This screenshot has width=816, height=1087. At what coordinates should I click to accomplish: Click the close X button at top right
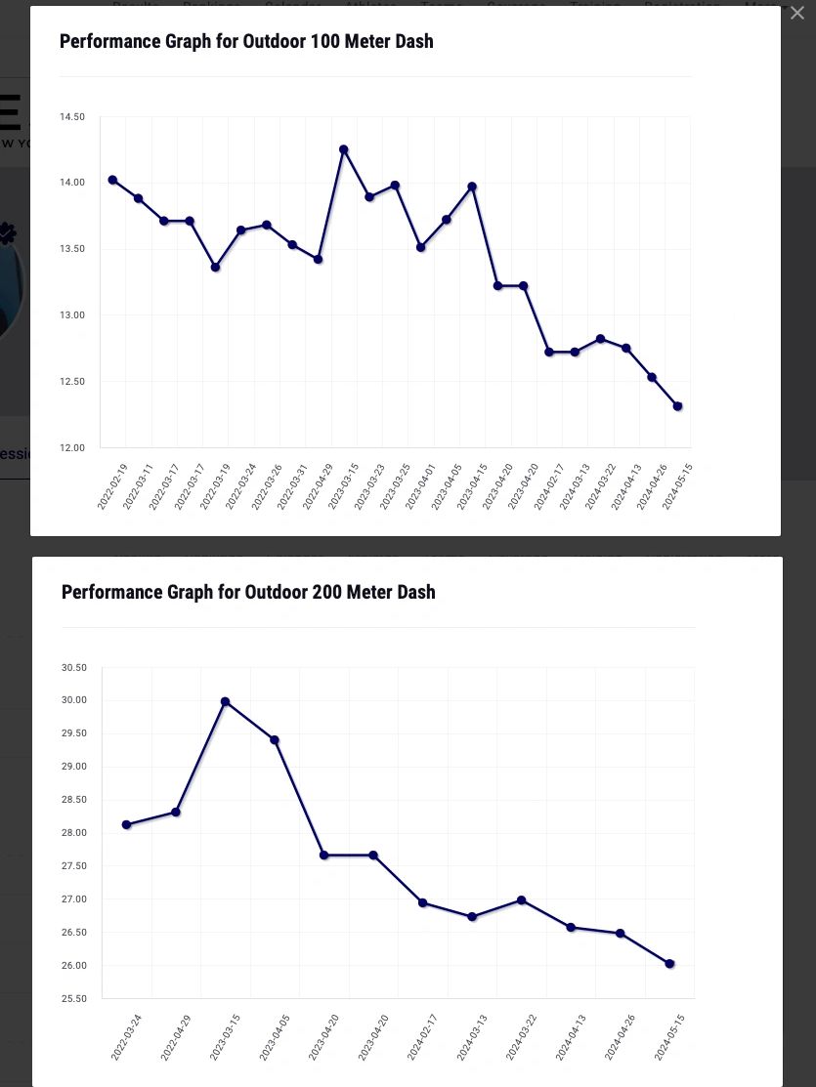pos(797,13)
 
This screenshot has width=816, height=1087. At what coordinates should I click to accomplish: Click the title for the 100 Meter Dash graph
pos(246,42)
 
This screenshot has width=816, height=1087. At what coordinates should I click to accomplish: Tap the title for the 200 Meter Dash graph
pos(248,593)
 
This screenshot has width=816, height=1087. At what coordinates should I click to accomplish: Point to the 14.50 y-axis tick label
pos(72,117)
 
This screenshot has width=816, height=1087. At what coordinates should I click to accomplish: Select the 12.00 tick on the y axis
pos(72,448)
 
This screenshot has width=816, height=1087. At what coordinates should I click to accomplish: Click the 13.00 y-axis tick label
pos(72,315)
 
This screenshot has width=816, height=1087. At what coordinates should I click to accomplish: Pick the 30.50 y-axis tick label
pos(74,668)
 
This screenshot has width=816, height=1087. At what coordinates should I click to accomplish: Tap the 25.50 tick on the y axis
pos(74,999)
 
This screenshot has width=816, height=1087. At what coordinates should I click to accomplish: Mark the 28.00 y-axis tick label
pos(74,833)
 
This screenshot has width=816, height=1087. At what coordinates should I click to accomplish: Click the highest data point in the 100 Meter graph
pos(344,149)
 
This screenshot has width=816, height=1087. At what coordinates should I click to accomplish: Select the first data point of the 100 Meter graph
pos(112,180)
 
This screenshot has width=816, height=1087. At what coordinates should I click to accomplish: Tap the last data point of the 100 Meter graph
pos(677,406)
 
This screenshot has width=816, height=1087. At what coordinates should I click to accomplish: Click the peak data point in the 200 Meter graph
pos(225,701)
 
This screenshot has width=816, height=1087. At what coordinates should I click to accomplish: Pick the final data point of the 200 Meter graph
pos(669,964)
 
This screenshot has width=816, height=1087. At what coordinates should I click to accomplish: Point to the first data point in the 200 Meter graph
pos(126,824)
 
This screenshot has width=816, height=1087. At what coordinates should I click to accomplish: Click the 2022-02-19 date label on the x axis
pos(112,486)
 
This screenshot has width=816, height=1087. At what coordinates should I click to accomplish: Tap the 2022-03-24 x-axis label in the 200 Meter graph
pos(126,1037)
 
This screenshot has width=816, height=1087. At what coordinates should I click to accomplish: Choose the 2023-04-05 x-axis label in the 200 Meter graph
pos(275,1037)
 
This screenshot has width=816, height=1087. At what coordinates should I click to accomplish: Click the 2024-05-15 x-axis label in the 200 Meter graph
pos(669,1037)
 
